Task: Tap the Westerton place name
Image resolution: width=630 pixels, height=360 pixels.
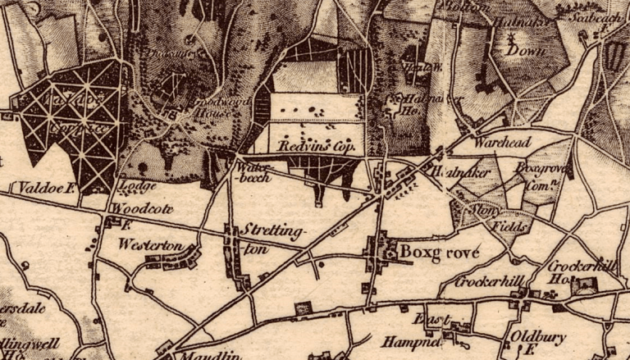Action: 143,244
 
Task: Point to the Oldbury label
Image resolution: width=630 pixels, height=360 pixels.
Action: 534,336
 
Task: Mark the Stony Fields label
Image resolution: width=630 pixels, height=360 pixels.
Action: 492,216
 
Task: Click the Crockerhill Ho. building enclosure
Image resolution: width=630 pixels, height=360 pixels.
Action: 585,285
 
